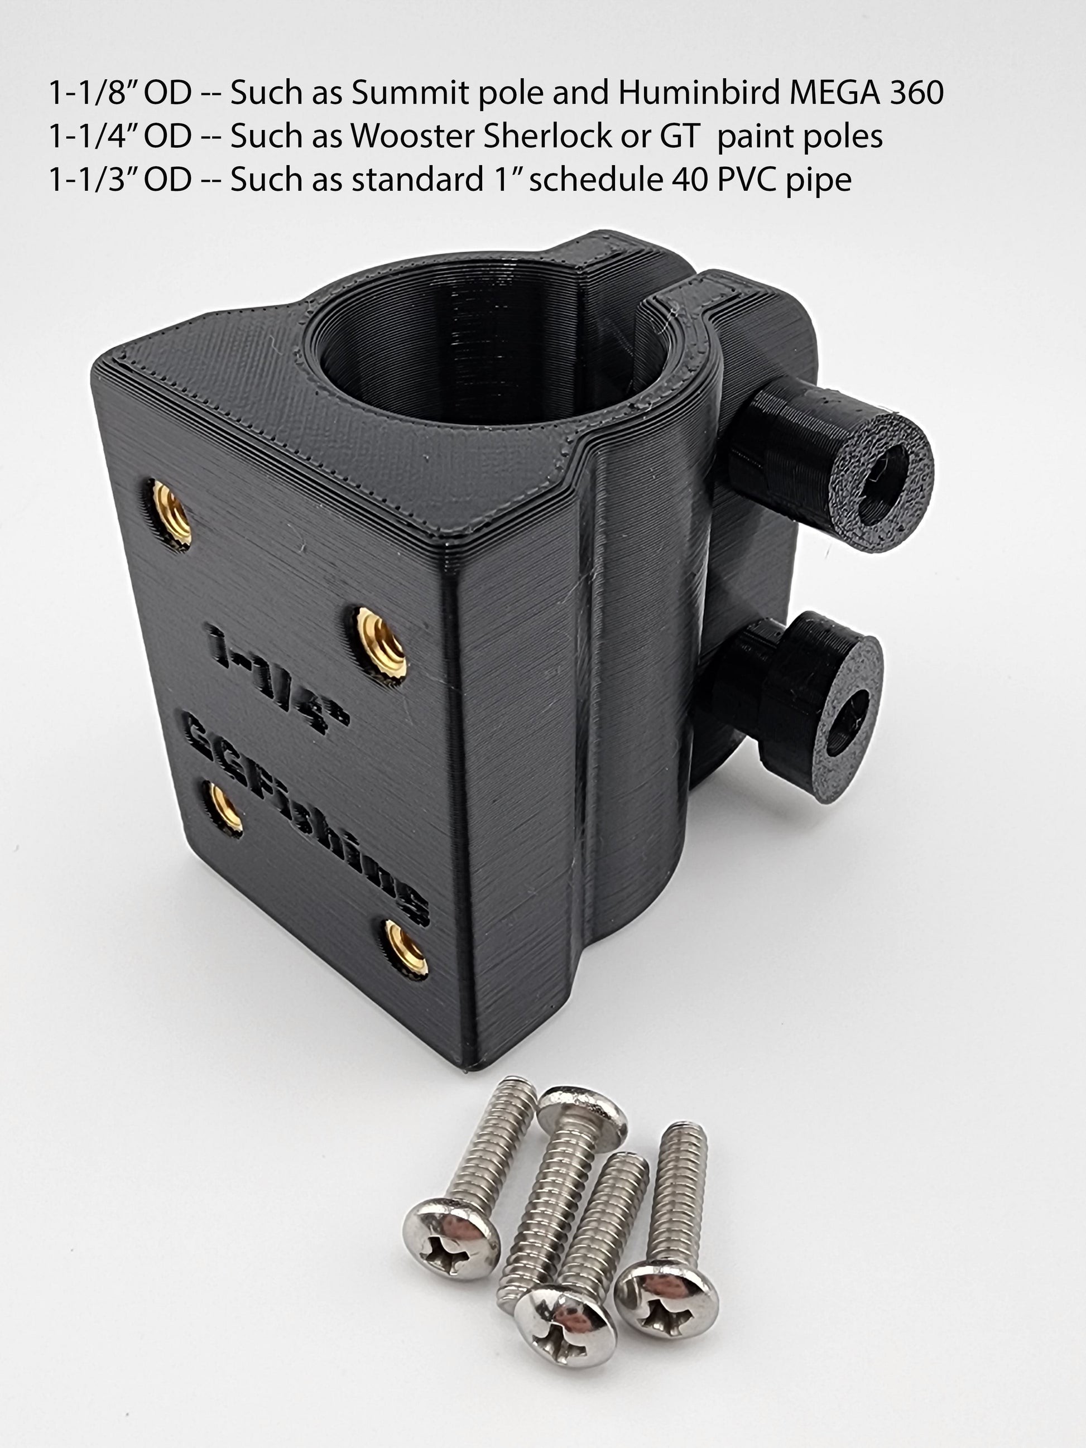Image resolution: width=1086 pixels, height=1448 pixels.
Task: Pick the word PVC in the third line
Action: (745, 179)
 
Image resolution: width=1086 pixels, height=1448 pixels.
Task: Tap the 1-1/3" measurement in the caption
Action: (120, 179)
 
